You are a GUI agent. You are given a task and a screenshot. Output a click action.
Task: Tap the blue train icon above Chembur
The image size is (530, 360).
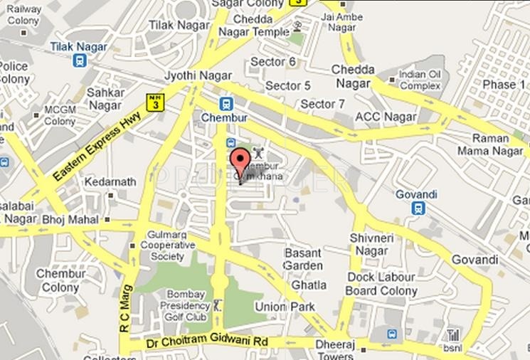pos(226,102)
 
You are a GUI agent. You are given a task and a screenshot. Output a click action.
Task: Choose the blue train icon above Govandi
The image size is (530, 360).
pos(420,208)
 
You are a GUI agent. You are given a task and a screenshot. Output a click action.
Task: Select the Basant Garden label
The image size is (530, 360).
pos(304,259)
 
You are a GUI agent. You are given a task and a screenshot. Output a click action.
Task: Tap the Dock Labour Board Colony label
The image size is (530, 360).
pos(381,284)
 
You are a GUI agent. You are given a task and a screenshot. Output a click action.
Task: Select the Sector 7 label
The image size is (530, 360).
pos(322,104)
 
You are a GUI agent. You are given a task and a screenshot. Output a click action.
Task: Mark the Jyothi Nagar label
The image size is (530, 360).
pos(190,74)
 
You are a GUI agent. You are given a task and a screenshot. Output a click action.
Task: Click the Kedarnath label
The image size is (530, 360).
pos(110,182)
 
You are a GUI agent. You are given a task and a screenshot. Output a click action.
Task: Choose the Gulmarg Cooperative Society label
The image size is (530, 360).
pos(171,245)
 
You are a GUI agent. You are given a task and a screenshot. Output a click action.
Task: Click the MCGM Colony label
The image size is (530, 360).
pos(60,115)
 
